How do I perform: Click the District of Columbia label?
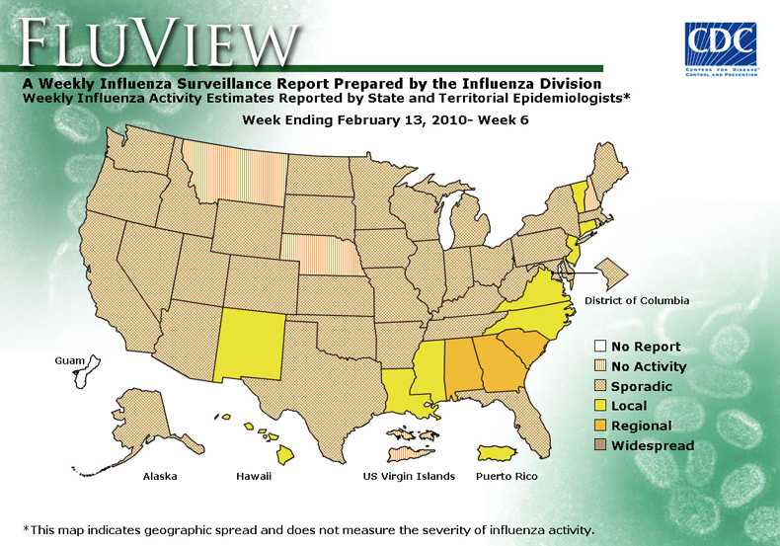click(x=636, y=300)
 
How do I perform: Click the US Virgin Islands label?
click(x=409, y=476)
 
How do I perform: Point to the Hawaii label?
click(x=253, y=476)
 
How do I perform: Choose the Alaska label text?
click(x=160, y=476)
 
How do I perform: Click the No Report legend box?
click(x=599, y=347)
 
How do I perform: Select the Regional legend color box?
click(x=599, y=426)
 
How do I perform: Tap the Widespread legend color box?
click(x=599, y=445)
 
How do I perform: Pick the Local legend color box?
click(x=599, y=406)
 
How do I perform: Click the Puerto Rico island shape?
click(x=497, y=452)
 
